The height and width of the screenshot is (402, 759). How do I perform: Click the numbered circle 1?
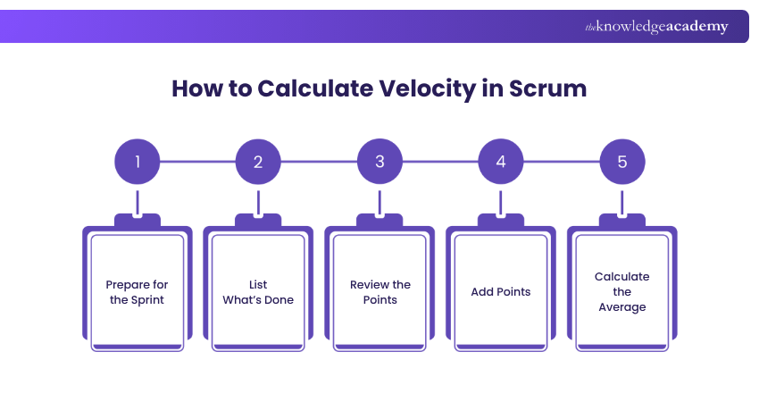[x=138, y=163]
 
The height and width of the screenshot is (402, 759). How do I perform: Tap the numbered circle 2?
[x=258, y=163]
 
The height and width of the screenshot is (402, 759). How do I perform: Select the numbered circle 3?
[x=379, y=163]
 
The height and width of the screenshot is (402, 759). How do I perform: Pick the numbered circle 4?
[x=501, y=163]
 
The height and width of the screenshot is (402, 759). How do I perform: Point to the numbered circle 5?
[x=622, y=163]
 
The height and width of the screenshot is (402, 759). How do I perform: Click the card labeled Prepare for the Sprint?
[x=138, y=290]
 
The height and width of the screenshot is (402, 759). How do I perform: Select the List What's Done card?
[x=258, y=290]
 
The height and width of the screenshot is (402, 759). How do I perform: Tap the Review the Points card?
[x=379, y=290]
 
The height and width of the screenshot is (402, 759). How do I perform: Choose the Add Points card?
[x=501, y=290]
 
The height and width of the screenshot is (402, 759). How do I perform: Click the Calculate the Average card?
[x=622, y=290]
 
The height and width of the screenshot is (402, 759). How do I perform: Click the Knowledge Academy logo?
[x=656, y=27]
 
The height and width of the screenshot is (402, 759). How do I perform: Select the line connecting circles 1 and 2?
[x=197, y=163]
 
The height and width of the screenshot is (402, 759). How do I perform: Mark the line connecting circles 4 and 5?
[x=562, y=163]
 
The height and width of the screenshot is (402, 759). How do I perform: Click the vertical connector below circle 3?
[x=379, y=201]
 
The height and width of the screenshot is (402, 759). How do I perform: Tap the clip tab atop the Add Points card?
[x=501, y=220]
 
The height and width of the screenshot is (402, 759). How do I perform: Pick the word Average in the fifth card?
[x=622, y=307]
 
